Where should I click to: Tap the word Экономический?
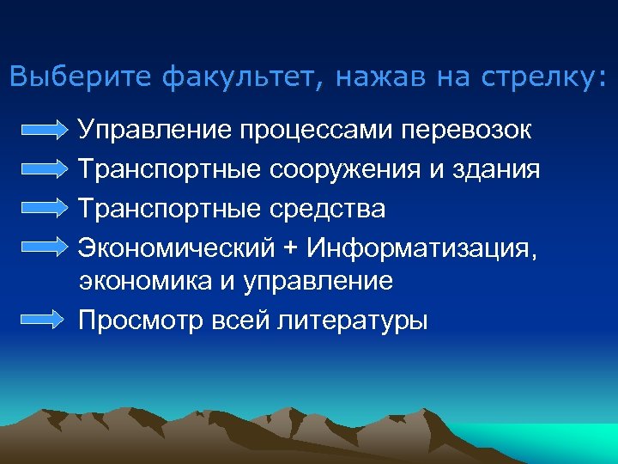[176, 247]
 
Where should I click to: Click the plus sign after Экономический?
[291, 247]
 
